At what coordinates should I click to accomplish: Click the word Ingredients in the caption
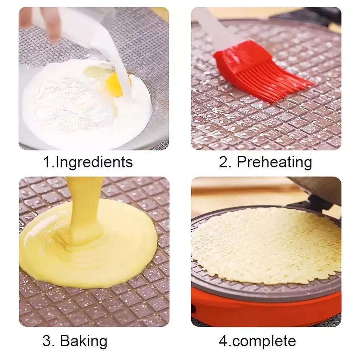[94, 162]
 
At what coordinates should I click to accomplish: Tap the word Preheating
[274, 162]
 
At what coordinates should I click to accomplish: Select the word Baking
[84, 341]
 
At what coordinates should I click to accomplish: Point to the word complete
[264, 342]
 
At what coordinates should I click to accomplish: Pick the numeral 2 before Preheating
[224, 162]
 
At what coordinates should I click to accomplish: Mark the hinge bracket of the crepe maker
[321, 203]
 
